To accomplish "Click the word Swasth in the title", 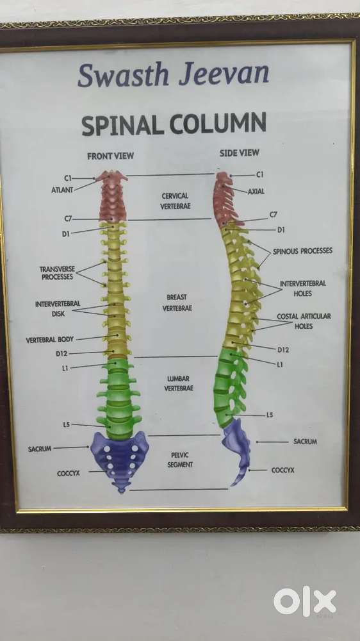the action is (123, 75).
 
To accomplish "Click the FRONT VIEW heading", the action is (110, 156).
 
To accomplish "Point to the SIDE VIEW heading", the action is (240, 153).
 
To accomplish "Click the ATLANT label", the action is (62, 190).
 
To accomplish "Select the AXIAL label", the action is (256, 191).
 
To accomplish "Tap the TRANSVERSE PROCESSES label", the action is (57, 273).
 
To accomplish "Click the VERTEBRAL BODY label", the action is (50, 339).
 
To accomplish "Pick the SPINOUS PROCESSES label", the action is (303, 251).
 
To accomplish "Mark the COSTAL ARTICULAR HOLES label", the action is (304, 321).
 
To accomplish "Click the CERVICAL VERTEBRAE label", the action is (176, 201).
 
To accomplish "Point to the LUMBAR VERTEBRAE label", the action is (179, 383).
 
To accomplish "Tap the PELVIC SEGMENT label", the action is (180, 460).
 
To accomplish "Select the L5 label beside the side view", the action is (270, 415).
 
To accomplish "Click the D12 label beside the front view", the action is (61, 354).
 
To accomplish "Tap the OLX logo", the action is (305, 601).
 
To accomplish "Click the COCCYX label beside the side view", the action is (282, 470).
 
